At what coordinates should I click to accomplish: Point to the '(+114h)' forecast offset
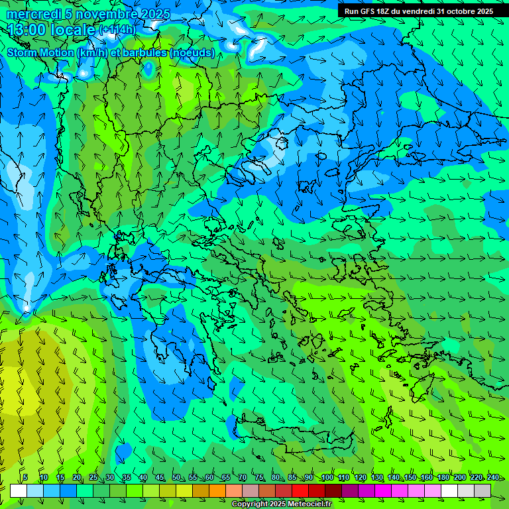(117, 30)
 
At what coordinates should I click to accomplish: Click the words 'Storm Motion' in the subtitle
(39, 53)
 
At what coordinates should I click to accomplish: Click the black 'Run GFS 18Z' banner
(419, 11)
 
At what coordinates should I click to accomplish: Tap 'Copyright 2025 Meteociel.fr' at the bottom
(281, 504)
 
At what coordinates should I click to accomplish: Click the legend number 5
(25, 478)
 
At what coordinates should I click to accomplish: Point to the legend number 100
(327, 478)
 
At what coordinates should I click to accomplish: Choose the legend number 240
(493, 478)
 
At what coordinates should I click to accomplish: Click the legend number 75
(259, 478)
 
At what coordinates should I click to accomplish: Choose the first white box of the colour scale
(19, 490)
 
